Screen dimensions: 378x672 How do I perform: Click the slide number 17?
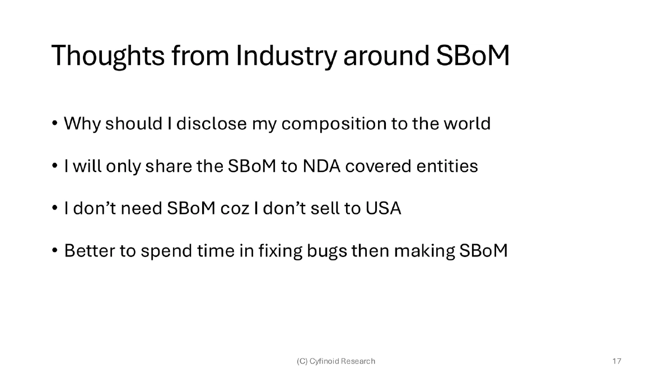coord(617,361)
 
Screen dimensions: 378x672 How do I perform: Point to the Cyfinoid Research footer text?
coord(335,361)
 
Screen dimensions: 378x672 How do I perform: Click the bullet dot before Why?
coord(55,124)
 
